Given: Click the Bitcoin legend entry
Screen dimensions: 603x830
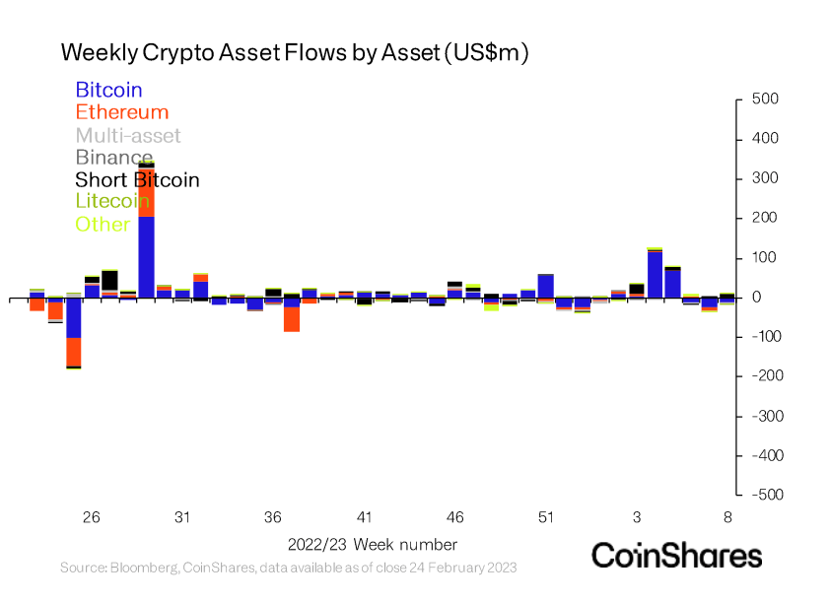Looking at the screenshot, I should [108, 91].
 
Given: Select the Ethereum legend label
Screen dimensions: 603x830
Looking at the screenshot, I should [121, 112].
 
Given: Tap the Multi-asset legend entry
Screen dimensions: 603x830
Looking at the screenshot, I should [128, 135].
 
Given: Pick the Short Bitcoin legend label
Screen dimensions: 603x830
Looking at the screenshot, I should [137, 179].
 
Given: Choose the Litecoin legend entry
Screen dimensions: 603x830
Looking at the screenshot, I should [115, 202].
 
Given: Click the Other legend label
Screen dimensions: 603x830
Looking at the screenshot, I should [103, 225].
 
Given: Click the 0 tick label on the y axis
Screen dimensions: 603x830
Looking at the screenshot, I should [757, 298].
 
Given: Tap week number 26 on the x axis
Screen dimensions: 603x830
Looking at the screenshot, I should [92, 517].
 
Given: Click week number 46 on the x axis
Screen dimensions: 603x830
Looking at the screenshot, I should [454, 517].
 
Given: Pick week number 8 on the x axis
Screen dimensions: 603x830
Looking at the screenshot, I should [727, 517].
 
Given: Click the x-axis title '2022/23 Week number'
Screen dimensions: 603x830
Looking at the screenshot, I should [373, 544].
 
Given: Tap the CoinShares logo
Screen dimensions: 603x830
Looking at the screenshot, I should [676, 555].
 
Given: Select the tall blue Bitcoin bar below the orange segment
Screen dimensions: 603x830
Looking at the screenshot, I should [146, 256].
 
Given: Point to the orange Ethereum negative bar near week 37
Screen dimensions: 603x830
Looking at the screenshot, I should [292, 319].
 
